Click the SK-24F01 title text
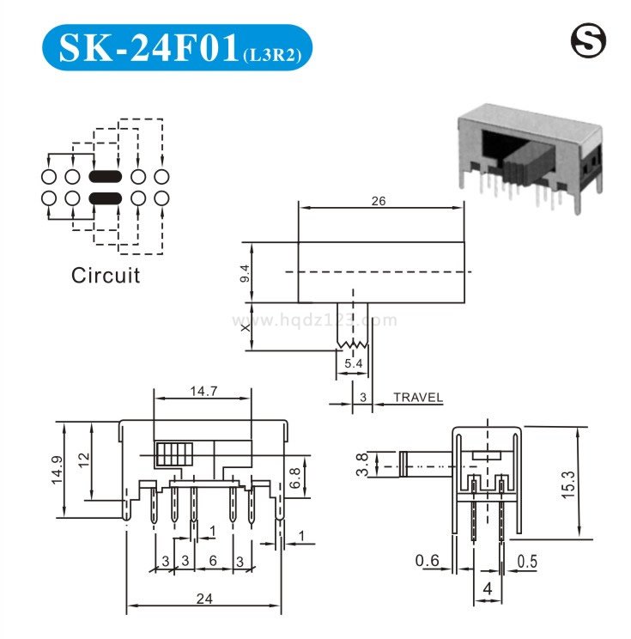[149, 48]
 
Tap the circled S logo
[588, 40]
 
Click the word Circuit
[106, 276]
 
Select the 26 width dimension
[378, 201]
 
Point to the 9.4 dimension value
[246, 273]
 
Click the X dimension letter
[246, 327]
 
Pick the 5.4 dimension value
[353, 363]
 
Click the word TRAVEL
[418, 398]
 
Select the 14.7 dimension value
[203, 392]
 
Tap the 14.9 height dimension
[58, 470]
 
